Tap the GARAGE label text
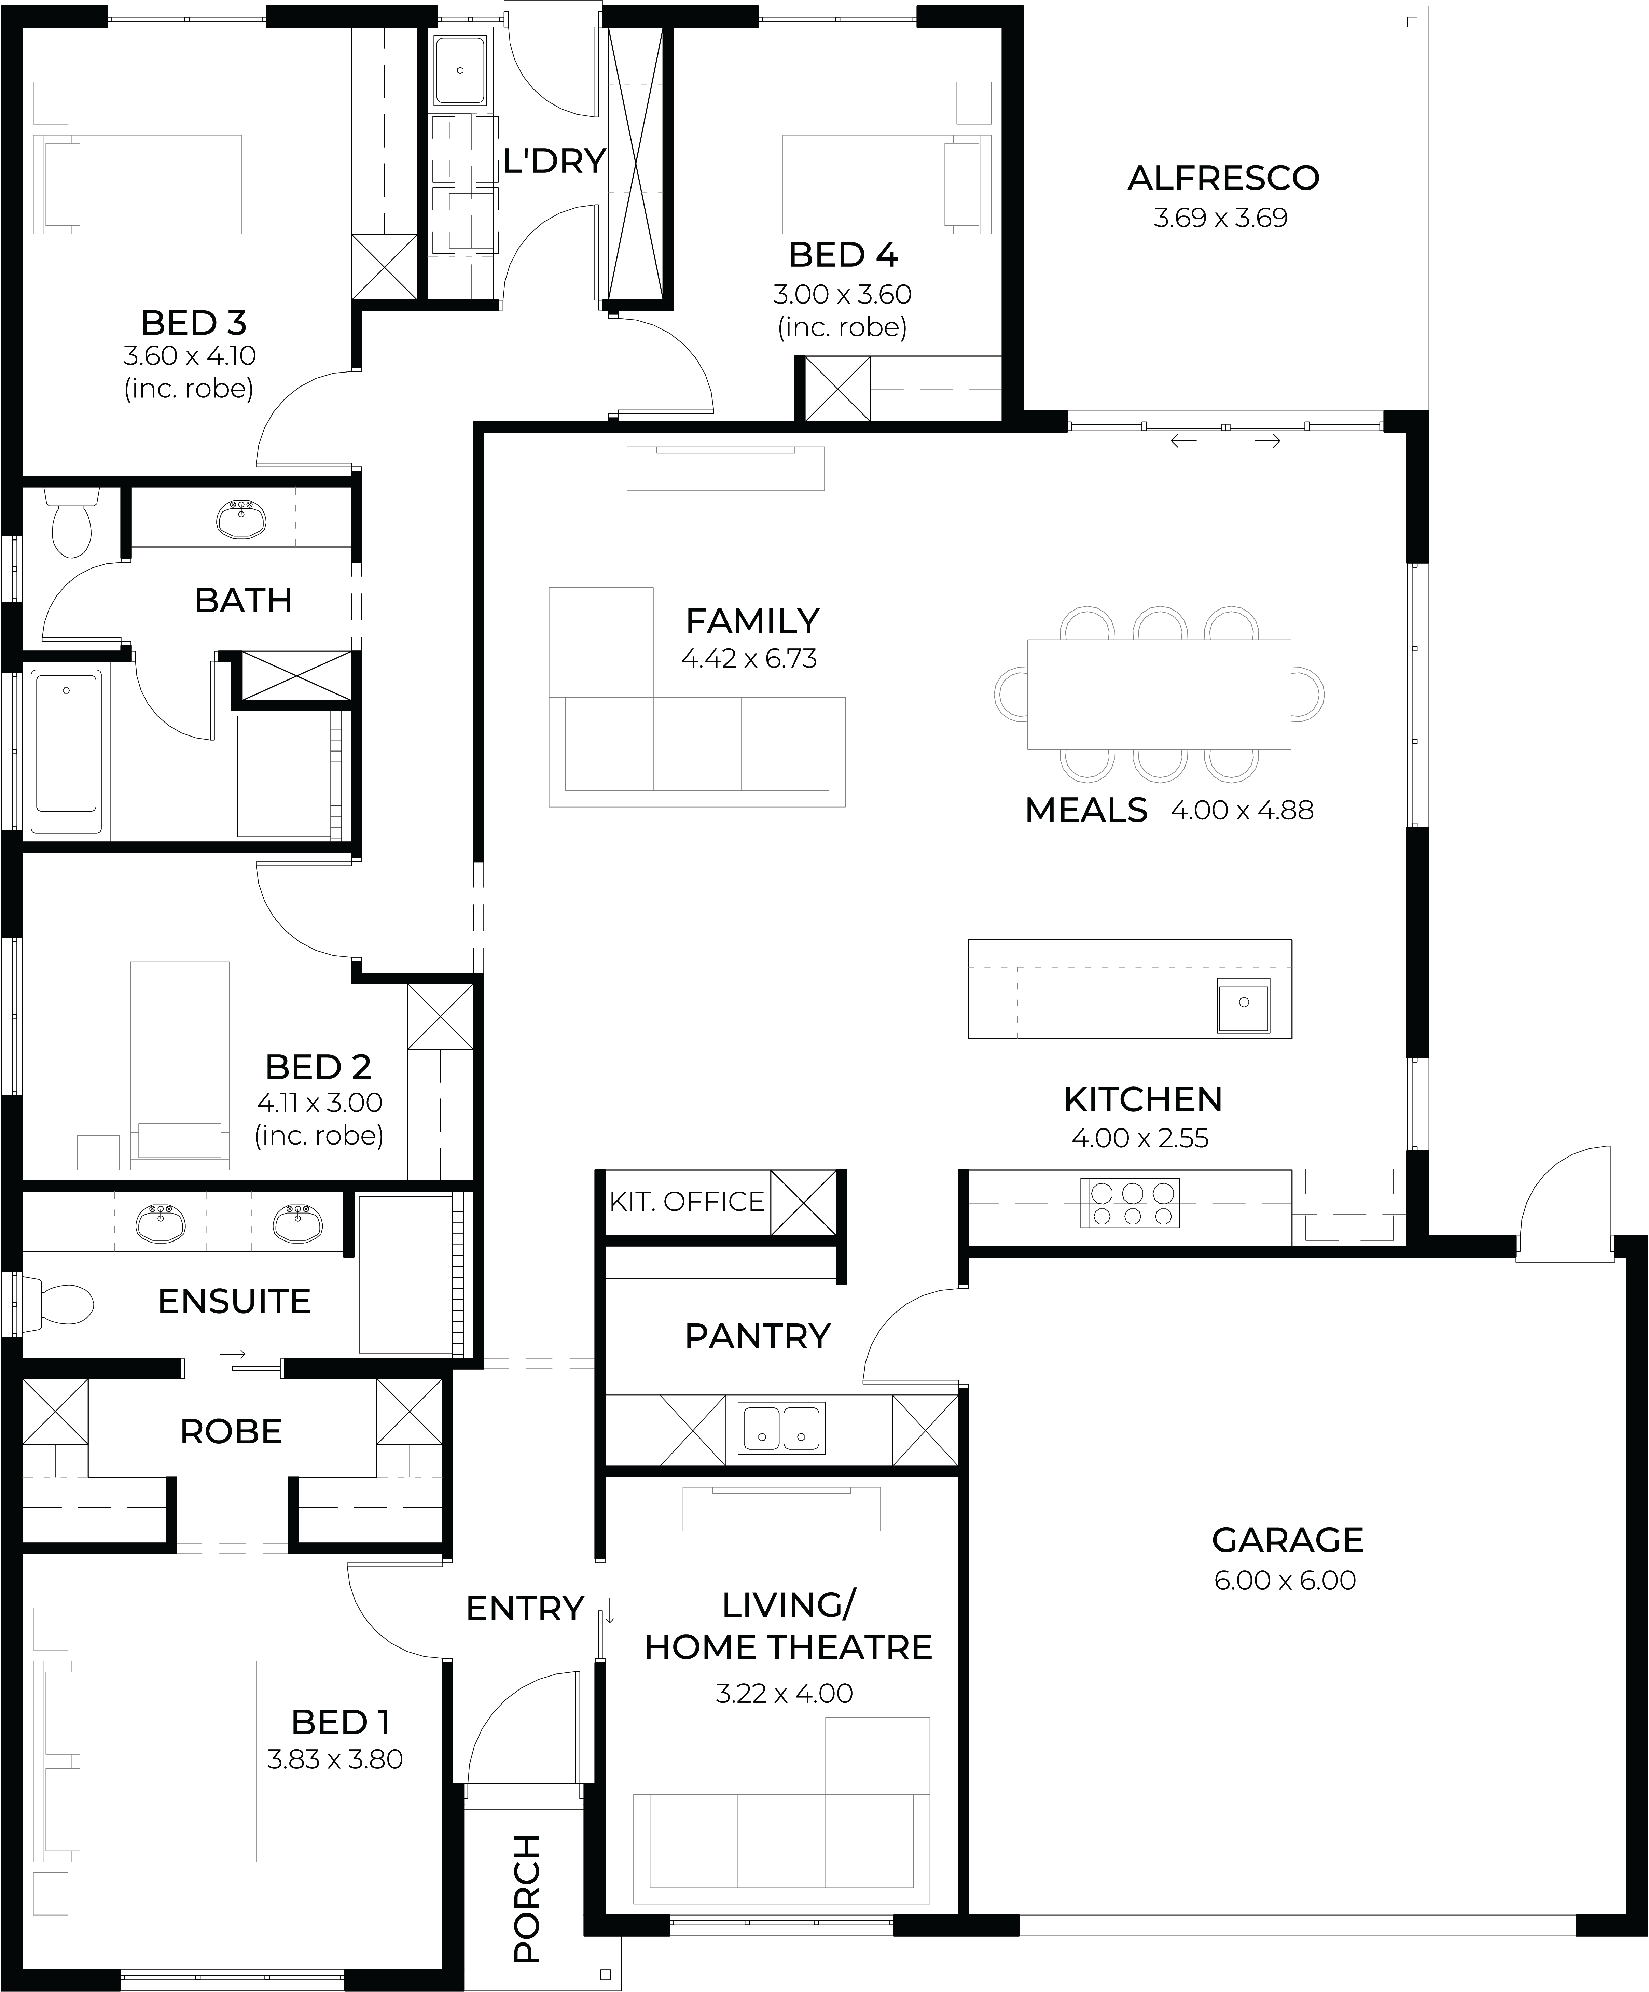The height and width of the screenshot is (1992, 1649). coord(1288,1540)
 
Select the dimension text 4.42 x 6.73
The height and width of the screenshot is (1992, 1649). coord(749,658)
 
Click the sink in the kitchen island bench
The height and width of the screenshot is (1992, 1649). coord(1243,1005)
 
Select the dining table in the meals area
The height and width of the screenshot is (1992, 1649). coord(1159,693)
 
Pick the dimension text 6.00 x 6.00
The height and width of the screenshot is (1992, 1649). coord(1285,1580)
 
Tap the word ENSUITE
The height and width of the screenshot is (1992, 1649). coord(234,1302)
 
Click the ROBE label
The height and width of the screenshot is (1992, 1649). coord(232,1431)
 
